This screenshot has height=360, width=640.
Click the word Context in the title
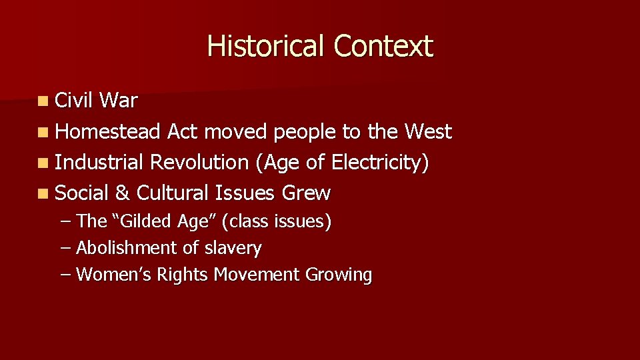383,46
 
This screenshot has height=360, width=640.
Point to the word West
427,132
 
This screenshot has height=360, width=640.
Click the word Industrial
99,163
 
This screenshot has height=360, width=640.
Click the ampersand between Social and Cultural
122,193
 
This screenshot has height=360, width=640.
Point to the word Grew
306,193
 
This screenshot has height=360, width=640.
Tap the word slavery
233,249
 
